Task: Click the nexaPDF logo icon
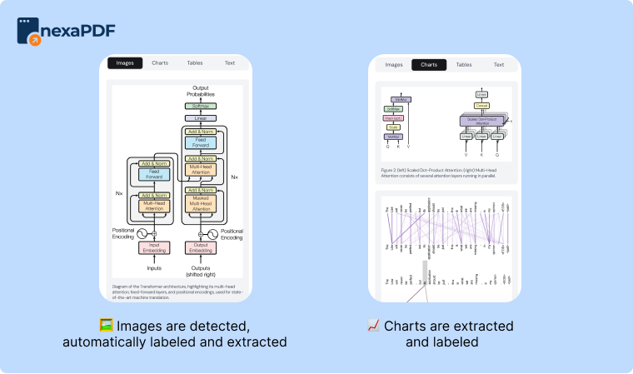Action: pos(31,31)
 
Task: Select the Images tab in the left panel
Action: pos(125,62)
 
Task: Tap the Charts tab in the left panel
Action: pos(160,62)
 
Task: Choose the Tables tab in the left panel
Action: pos(195,62)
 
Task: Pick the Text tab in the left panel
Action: pos(229,62)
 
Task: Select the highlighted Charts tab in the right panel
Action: pos(429,64)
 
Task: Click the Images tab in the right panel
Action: pos(394,64)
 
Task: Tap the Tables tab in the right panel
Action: pos(464,64)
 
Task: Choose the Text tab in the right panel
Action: pos(498,64)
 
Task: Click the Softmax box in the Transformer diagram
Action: pos(200,107)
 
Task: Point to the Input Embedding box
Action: pos(154,247)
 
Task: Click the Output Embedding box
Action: pos(200,247)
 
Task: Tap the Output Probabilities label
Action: pos(200,92)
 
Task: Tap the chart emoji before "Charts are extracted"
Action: pos(373,326)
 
